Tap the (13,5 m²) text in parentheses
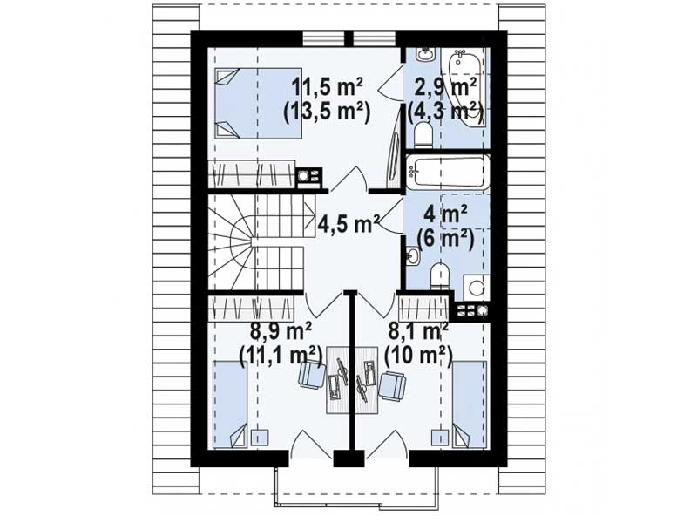pos(328,113)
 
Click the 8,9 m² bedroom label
pos(281,331)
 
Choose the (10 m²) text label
pos(418,356)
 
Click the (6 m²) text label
pos(444,239)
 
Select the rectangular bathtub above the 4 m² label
pos(447,172)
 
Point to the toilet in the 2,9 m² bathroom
pos(422,135)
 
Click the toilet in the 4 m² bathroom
pos(441,276)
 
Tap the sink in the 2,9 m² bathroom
pos(424,55)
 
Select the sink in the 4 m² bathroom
pos(413,256)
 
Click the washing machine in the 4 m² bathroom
pos(476,288)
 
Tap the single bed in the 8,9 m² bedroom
pos(230,404)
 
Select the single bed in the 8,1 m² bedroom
pos(470,404)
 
